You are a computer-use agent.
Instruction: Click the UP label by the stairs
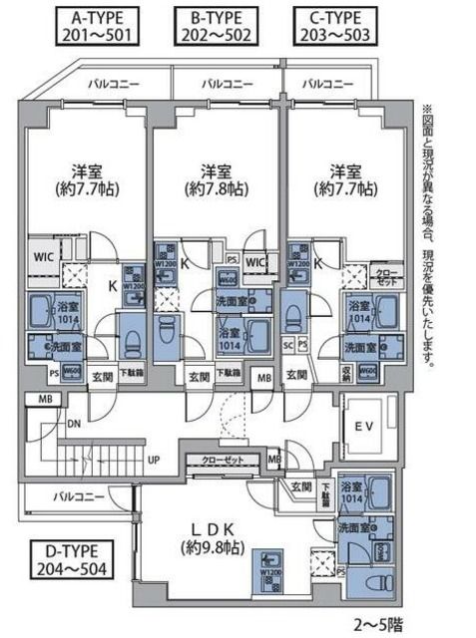click(x=154, y=460)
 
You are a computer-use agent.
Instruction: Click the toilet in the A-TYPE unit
click(x=131, y=340)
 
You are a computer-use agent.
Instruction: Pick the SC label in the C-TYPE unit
click(x=289, y=345)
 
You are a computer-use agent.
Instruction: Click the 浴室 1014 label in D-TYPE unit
click(x=351, y=491)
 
